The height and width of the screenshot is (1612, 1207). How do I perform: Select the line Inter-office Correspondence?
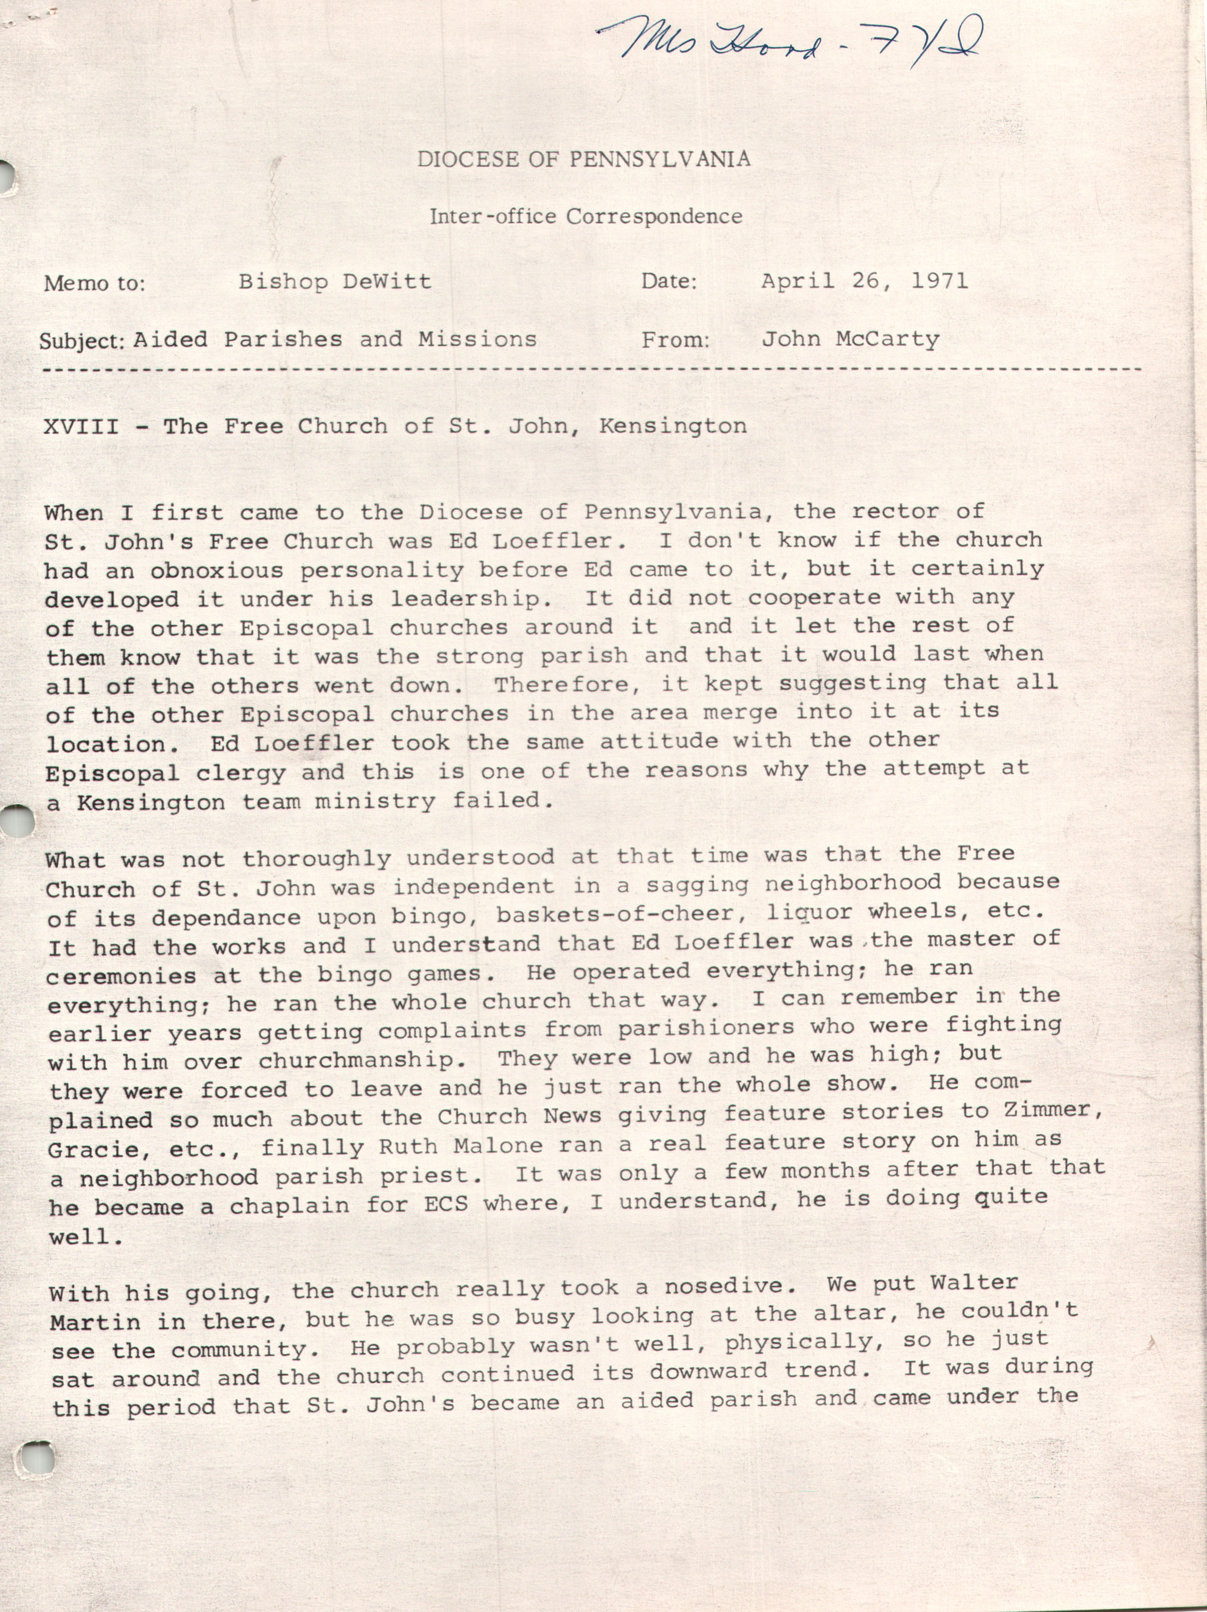[585, 217]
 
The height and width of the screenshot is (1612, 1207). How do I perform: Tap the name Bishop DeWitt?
[335, 282]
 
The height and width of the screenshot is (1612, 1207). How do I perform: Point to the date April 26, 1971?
[865, 280]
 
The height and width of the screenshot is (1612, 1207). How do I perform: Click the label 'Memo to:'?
[94, 283]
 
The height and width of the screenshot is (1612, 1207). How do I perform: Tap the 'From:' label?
[675, 339]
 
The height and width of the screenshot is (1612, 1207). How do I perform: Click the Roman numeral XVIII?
[80, 426]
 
